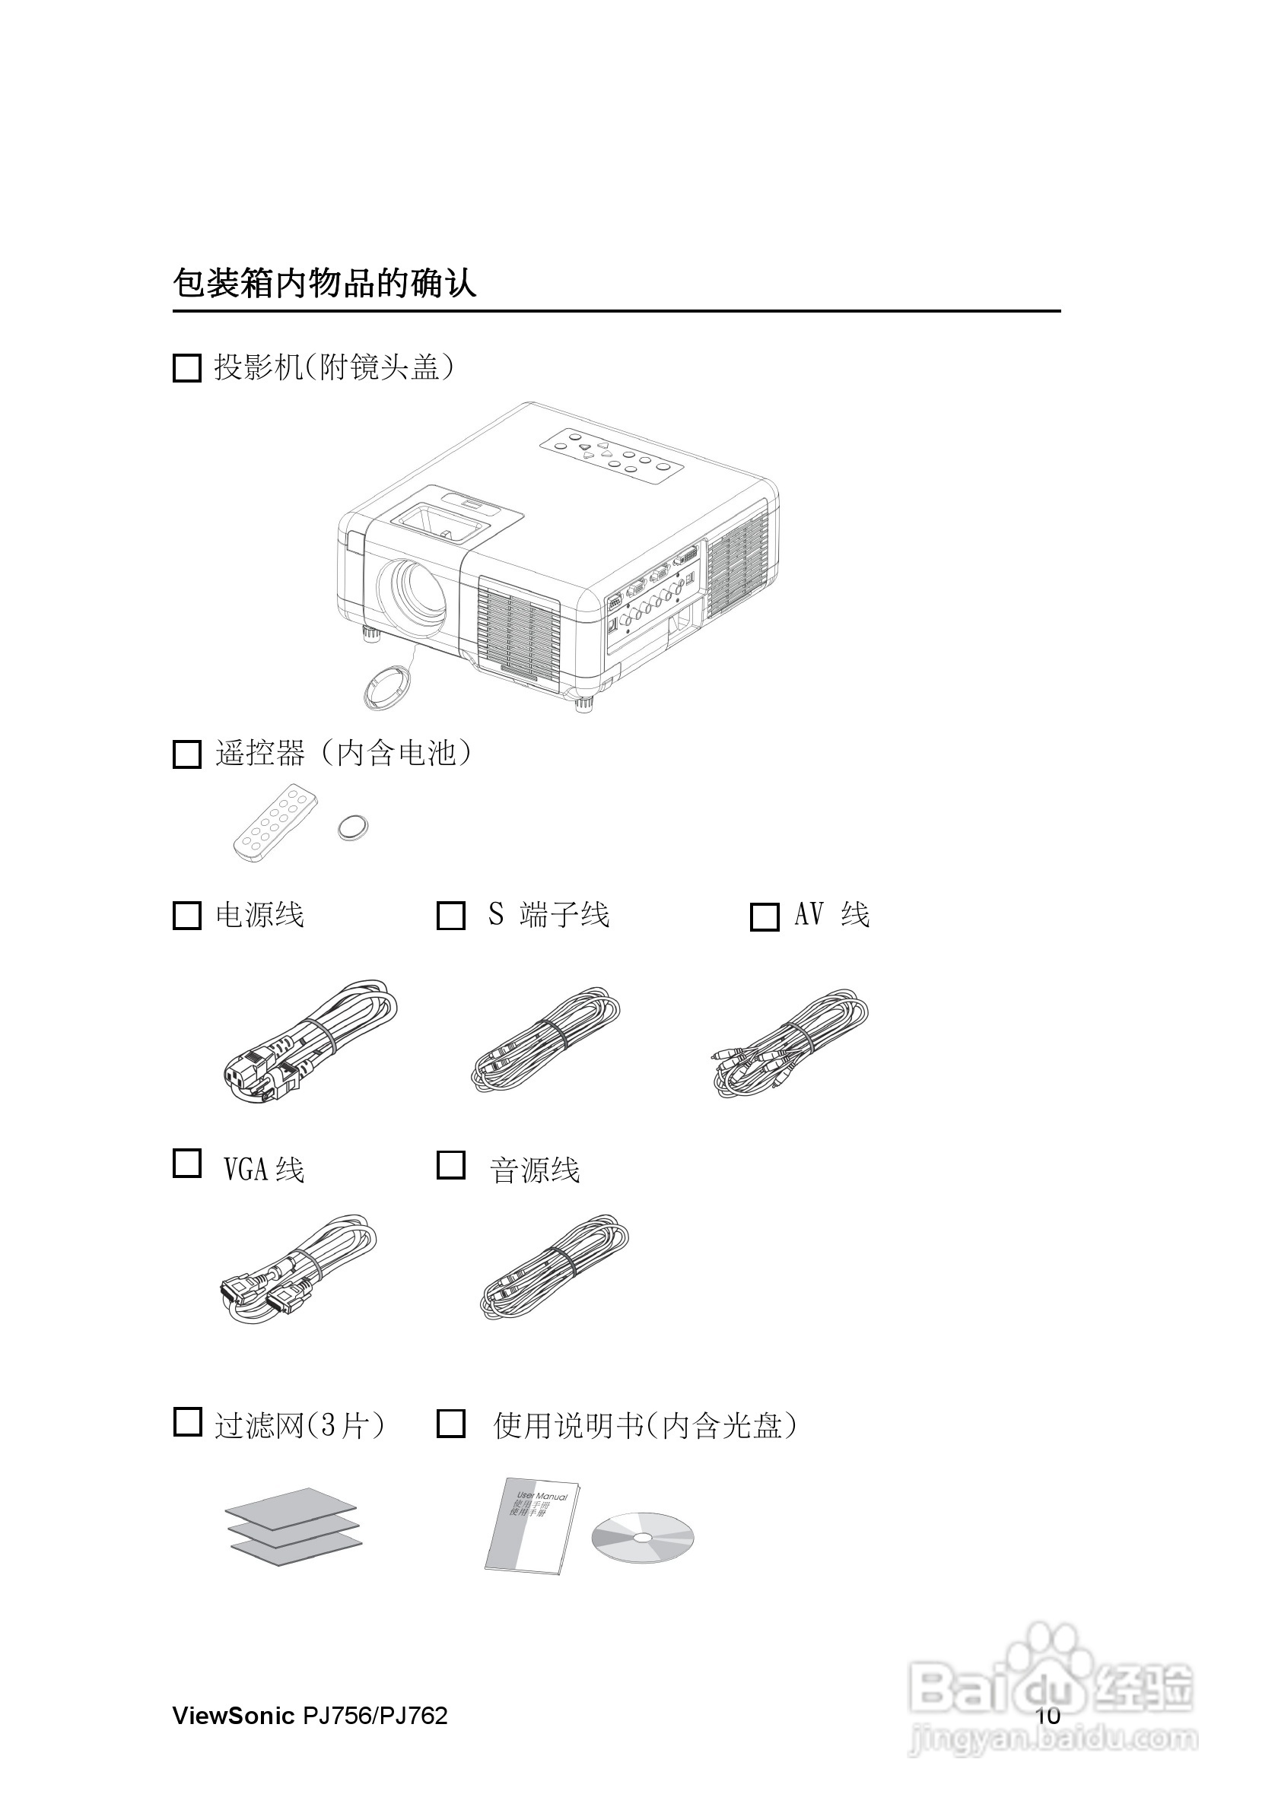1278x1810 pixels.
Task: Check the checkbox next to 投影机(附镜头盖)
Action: [x=187, y=368]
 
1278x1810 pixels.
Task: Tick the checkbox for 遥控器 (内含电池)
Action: [x=187, y=754]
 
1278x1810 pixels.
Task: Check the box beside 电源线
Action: [x=187, y=915]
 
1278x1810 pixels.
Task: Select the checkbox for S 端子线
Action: [x=451, y=915]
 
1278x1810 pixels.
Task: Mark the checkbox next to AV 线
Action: [x=764, y=917]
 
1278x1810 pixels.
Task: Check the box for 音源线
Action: [x=451, y=1164]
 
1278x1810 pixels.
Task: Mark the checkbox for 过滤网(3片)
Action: [x=187, y=1421]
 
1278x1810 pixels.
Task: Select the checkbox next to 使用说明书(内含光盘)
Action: [x=451, y=1423]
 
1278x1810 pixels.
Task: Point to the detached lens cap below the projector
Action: [x=387, y=685]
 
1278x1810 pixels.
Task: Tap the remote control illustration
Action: [x=275, y=822]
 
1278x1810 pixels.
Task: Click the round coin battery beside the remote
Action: [x=352, y=827]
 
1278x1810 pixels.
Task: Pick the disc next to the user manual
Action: [x=643, y=1537]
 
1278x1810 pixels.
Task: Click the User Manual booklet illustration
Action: [x=532, y=1527]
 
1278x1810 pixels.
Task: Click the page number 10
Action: [x=1048, y=1716]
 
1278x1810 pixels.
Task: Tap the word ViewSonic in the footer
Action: [x=234, y=1716]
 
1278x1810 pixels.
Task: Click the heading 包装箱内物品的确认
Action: [x=324, y=284]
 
